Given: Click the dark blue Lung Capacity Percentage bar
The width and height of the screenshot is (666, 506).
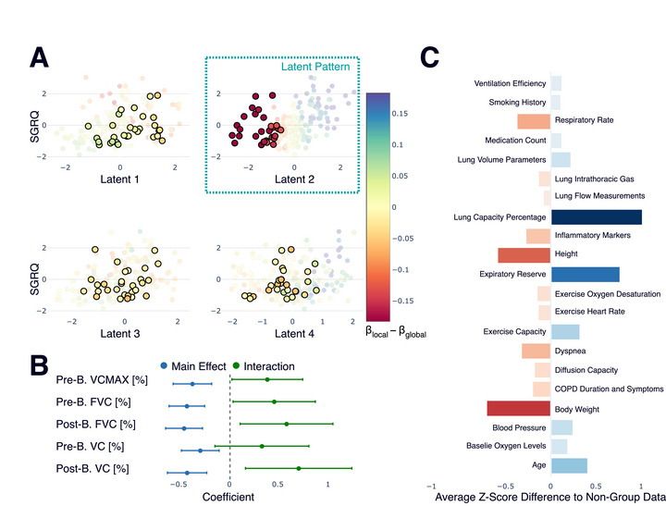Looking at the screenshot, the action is (597, 217).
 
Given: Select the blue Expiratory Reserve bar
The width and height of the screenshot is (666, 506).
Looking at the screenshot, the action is (586, 275).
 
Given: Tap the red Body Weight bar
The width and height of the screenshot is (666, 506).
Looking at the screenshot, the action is (519, 409).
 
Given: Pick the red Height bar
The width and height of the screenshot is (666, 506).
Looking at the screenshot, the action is (524, 255).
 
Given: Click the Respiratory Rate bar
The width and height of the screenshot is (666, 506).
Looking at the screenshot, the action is (534, 121).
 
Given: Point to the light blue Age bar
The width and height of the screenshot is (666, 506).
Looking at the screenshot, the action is (569, 465).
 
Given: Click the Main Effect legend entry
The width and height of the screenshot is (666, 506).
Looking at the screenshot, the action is (193, 366).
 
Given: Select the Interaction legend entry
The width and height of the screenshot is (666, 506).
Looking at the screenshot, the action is (264, 366).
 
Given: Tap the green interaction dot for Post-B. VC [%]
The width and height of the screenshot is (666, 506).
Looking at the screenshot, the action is (299, 468).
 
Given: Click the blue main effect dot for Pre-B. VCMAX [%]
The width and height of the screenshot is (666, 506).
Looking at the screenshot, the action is (192, 384).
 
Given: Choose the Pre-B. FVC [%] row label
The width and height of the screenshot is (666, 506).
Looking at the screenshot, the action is (93, 401).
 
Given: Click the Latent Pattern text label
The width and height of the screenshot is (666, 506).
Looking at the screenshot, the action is (315, 67).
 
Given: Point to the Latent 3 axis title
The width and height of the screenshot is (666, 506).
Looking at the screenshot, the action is (119, 334).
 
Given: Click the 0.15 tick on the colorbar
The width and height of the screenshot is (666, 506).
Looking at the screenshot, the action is (401, 114).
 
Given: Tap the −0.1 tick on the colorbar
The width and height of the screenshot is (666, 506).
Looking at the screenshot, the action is (401, 270).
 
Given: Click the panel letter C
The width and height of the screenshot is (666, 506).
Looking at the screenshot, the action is (429, 57).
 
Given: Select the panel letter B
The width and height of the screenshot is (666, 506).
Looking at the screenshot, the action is (39, 364).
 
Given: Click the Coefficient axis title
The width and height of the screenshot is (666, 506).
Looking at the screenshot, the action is (228, 497).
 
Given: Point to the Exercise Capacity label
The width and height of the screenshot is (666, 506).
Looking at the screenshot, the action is (514, 331).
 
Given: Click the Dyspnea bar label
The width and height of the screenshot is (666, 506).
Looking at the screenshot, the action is (570, 351).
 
